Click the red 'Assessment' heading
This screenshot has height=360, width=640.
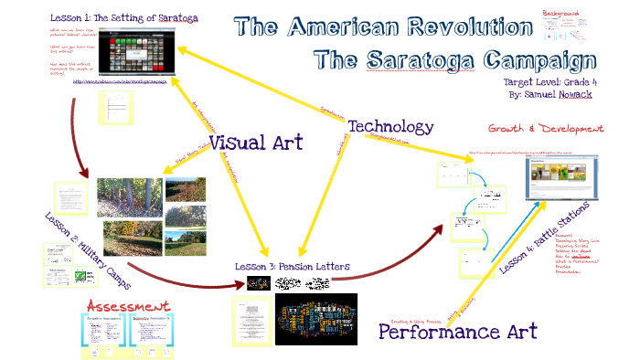click(x=127, y=304)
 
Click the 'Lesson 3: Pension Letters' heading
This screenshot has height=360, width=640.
click(x=293, y=267)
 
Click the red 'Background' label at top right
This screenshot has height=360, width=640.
click(x=560, y=14)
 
